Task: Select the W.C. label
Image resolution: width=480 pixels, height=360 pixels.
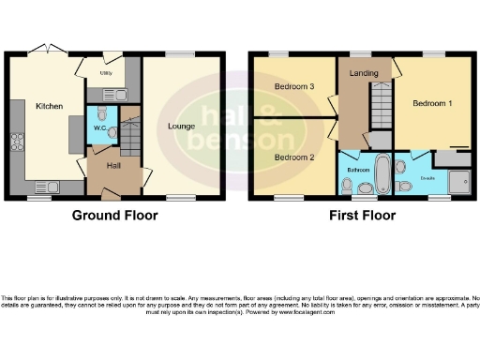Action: (98, 128)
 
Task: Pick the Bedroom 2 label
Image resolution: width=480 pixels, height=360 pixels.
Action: (292, 157)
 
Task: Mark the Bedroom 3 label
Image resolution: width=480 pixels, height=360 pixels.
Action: (292, 86)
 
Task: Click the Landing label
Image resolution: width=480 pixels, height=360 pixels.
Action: (364, 72)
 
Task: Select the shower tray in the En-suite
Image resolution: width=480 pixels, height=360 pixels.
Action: (458, 180)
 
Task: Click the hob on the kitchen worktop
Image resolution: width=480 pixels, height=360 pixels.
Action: (17, 143)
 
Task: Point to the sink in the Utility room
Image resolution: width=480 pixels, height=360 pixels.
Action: (120, 94)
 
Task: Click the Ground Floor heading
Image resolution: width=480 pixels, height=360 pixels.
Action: (115, 215)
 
